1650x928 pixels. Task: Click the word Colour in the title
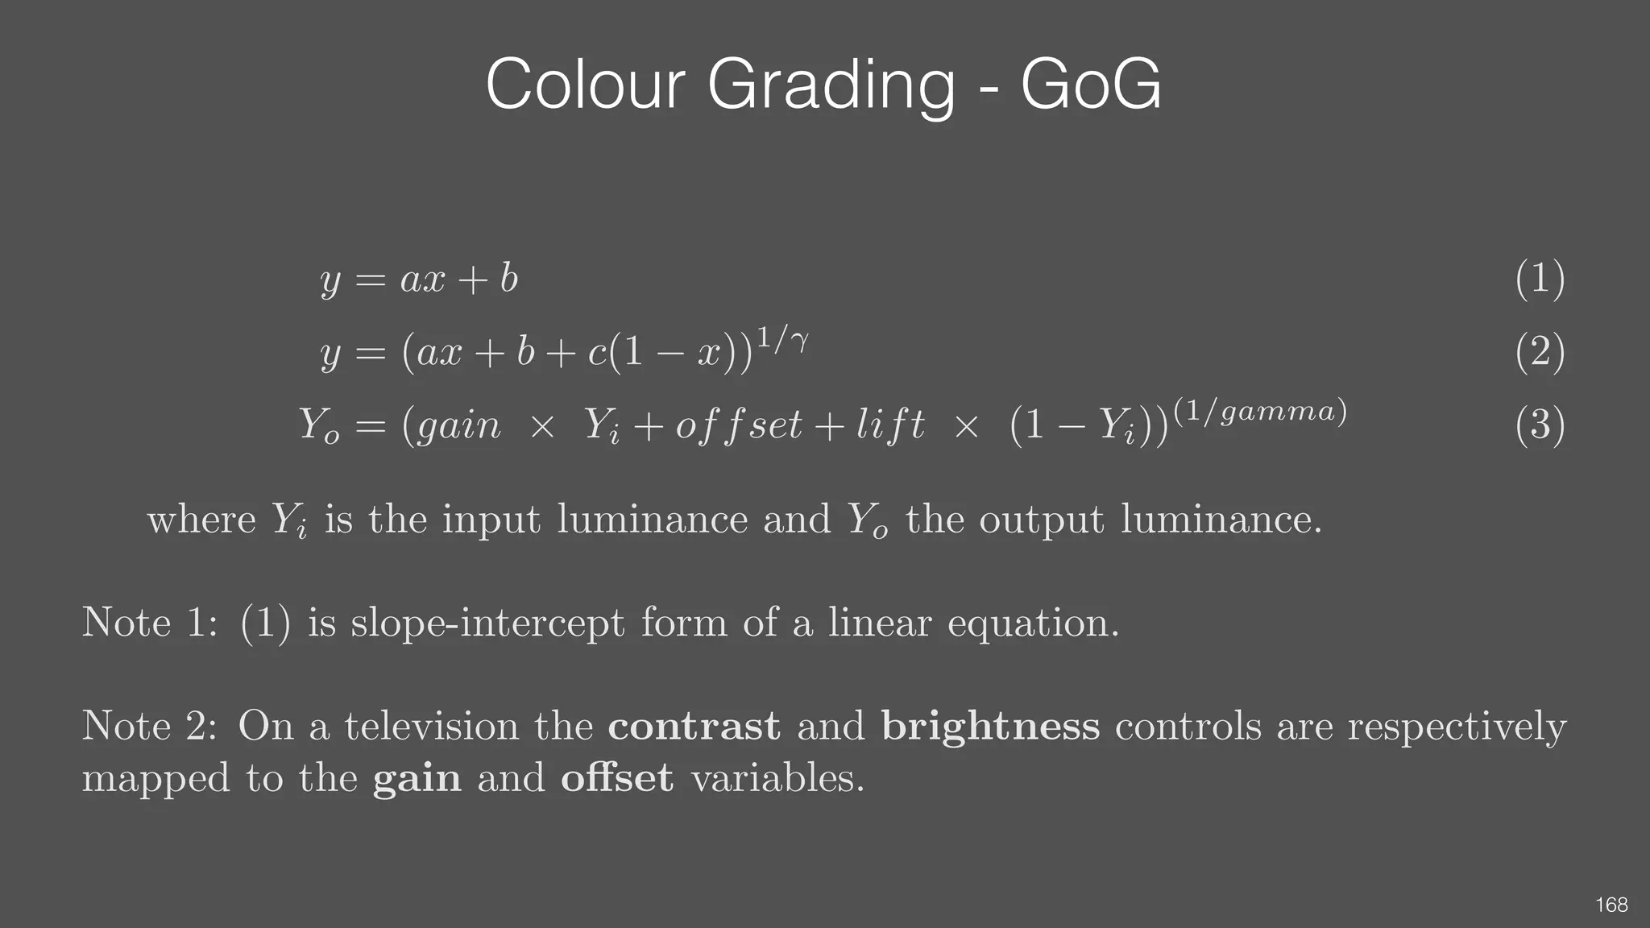(585, 85)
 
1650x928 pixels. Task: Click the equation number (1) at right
(1540, 280)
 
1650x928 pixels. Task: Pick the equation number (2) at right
(1540, 352)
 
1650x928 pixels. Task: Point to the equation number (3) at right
(1540, 425)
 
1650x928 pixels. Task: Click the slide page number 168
(1611, 905)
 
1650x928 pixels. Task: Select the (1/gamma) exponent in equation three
(1260, 411)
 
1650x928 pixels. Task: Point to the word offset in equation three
(738, 425)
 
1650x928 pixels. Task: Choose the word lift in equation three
(889, 425)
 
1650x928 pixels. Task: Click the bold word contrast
(694, 726)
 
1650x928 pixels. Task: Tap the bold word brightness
(990, 726)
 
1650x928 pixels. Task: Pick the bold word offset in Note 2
(616, 777)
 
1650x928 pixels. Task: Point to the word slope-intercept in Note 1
(487, 623)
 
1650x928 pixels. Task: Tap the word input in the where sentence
(491, 520)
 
